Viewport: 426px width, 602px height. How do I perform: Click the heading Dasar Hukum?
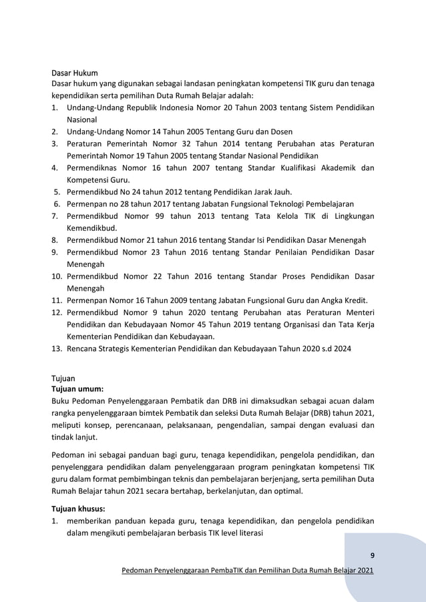tap(75, 73)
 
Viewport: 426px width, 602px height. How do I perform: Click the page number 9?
tap(372, 555)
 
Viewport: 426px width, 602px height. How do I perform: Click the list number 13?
tap(57, 348)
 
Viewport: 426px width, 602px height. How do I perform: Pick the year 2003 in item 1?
tap(252, 108)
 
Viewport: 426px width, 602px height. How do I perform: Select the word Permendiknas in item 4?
tap(95, 168)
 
